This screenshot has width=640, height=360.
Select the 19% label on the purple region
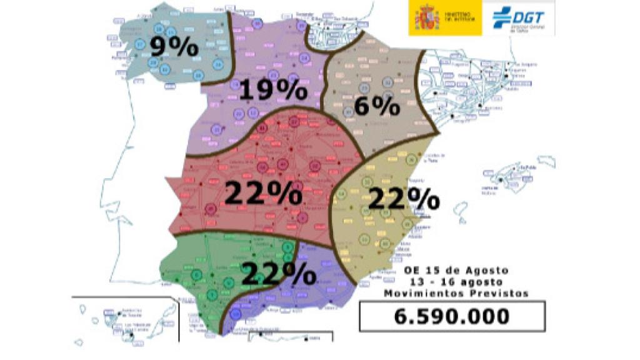click(x=272, y=91)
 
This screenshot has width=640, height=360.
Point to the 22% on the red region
click(x=263, y=193)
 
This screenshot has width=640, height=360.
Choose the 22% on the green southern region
click(x=277, y=273)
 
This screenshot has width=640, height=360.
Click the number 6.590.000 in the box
click(x=451, y=316)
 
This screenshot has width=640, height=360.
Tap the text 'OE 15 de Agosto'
click(x=456, y=270)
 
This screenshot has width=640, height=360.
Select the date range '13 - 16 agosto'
click(x=456, y=281)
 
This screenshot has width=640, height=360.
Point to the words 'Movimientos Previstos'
click(x=456, y=292)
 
